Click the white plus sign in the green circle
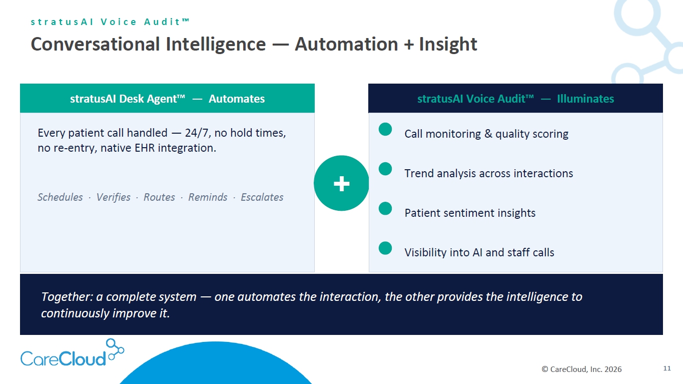(341, 184)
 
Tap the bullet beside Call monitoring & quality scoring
(385, 129)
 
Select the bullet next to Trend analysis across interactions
(385, 169)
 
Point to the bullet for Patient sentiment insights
(385, 208)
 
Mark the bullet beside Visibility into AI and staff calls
(385, 248)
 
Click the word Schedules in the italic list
(60, 197)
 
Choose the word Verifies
(114, 197)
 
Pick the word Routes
(159, 197)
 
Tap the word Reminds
(208, 197)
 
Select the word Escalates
(262, 197)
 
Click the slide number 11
(667, 368)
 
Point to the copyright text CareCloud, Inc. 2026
(581, 369)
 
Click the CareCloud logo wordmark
(64, 358)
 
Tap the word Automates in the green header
(237, 99)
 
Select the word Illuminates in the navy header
(585, 99)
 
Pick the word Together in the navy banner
(67, 297)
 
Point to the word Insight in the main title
(448, 44)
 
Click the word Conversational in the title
(96, 44)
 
